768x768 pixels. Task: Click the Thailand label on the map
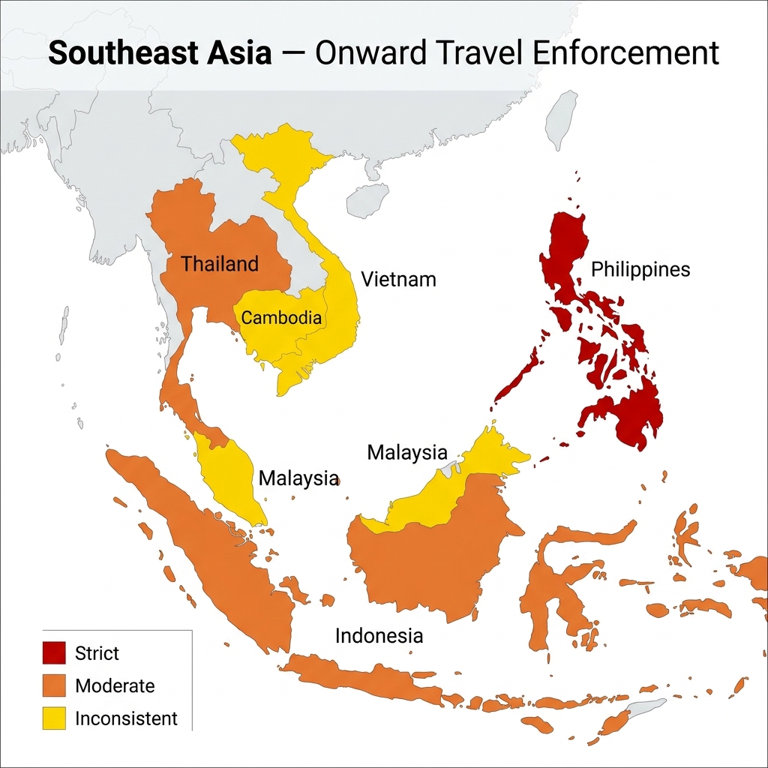click(220, 264)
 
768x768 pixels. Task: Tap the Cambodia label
click(281, 317)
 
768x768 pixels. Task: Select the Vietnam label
click(398, 280)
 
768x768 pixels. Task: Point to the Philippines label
click(640, 269)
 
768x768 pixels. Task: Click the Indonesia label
click(379, 636)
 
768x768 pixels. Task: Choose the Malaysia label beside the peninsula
click(298, 478)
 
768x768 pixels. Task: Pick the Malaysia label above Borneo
click(407, 452)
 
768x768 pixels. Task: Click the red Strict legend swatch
click(55, 652)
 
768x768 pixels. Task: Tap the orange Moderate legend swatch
click(55, 685)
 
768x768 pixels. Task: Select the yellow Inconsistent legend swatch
click(55, 718)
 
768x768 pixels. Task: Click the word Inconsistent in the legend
click(126, 718)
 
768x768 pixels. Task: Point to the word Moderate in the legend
click(115, 685)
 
